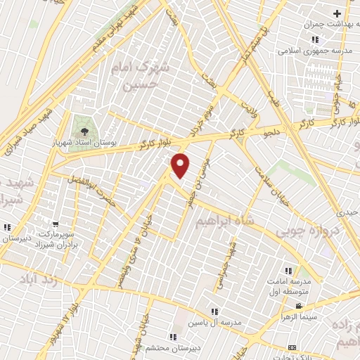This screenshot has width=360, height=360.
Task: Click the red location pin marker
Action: pyautogui.click(x=181, y=165)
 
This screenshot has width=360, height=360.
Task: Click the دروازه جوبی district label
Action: pyautogui.click(x=307, y=230)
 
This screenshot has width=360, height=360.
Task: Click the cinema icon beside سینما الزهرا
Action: pyautogui.click(x=300, y=305)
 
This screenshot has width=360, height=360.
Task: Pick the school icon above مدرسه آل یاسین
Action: pyautogui.click(x=215, y=311)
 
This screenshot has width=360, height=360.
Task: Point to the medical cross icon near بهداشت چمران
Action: pyautogui.click(x=337, y=13)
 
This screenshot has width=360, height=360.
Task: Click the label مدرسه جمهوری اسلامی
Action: pyautogui.click(x=309, y=51)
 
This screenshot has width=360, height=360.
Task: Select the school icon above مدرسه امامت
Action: pyautogui.click(x=288, y=271)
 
